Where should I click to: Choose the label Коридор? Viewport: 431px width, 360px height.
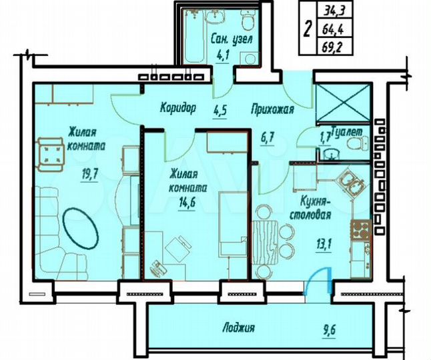tap(178, 107)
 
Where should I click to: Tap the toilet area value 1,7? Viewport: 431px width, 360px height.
tap(326, 139)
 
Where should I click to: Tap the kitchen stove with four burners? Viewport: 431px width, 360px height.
tap(362, 231)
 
